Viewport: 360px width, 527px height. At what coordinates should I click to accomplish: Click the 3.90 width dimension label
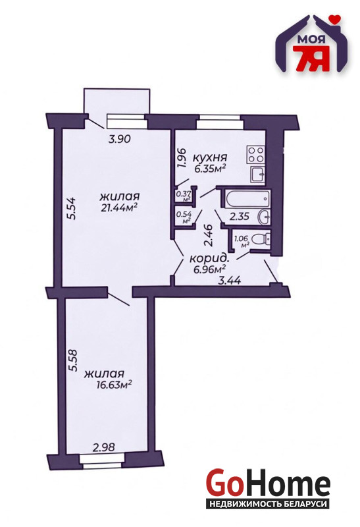click(119, 139)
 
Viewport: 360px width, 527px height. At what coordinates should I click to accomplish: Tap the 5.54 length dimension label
click(72, 209)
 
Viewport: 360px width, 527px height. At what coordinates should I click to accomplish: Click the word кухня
click(210, 157)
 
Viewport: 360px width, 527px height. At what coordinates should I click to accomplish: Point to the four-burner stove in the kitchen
click(255, 155)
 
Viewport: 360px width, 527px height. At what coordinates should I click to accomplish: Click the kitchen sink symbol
click(257, 175)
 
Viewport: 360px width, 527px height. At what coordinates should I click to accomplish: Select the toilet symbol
click(261, 239)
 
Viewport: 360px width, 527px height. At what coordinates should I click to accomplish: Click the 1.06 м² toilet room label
click(242, 241)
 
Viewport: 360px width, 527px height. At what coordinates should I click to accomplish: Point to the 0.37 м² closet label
click(183, 195)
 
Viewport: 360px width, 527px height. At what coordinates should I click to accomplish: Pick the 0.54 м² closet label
click(184, 217)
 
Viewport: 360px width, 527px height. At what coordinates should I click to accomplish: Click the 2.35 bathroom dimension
click(239, 217)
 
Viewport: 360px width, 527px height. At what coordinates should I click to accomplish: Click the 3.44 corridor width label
click(230, 280)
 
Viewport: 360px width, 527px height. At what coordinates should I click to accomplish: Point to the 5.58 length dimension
click(72, 360)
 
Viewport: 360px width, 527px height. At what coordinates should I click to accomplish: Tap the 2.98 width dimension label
click(104, 447)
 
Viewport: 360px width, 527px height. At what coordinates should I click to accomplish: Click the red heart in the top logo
click(334, 20)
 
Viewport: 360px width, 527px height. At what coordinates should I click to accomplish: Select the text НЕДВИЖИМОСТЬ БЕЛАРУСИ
click(268, 504)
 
